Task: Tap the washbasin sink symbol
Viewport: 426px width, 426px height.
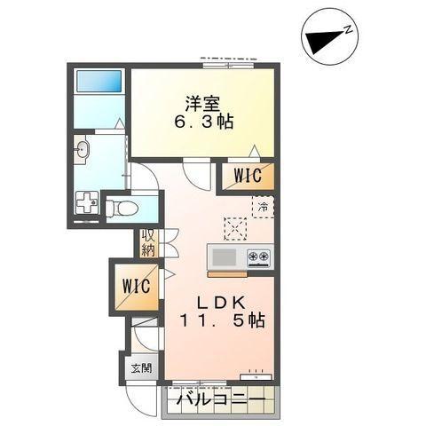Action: coord(82,150)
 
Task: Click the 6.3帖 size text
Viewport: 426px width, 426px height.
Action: coord(202,122)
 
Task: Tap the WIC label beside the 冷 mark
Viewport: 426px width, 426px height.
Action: coord(248,176)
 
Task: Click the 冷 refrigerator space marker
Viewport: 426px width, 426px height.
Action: coord(262,207)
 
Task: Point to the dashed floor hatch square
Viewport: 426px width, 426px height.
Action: coord(235,229)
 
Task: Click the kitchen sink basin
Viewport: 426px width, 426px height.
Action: coord(223,257)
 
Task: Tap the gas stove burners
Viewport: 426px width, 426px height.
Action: coord(259,257)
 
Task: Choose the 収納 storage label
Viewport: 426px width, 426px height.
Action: coord(147,243)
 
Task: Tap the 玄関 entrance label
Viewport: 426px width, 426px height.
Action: coord(140,367)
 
